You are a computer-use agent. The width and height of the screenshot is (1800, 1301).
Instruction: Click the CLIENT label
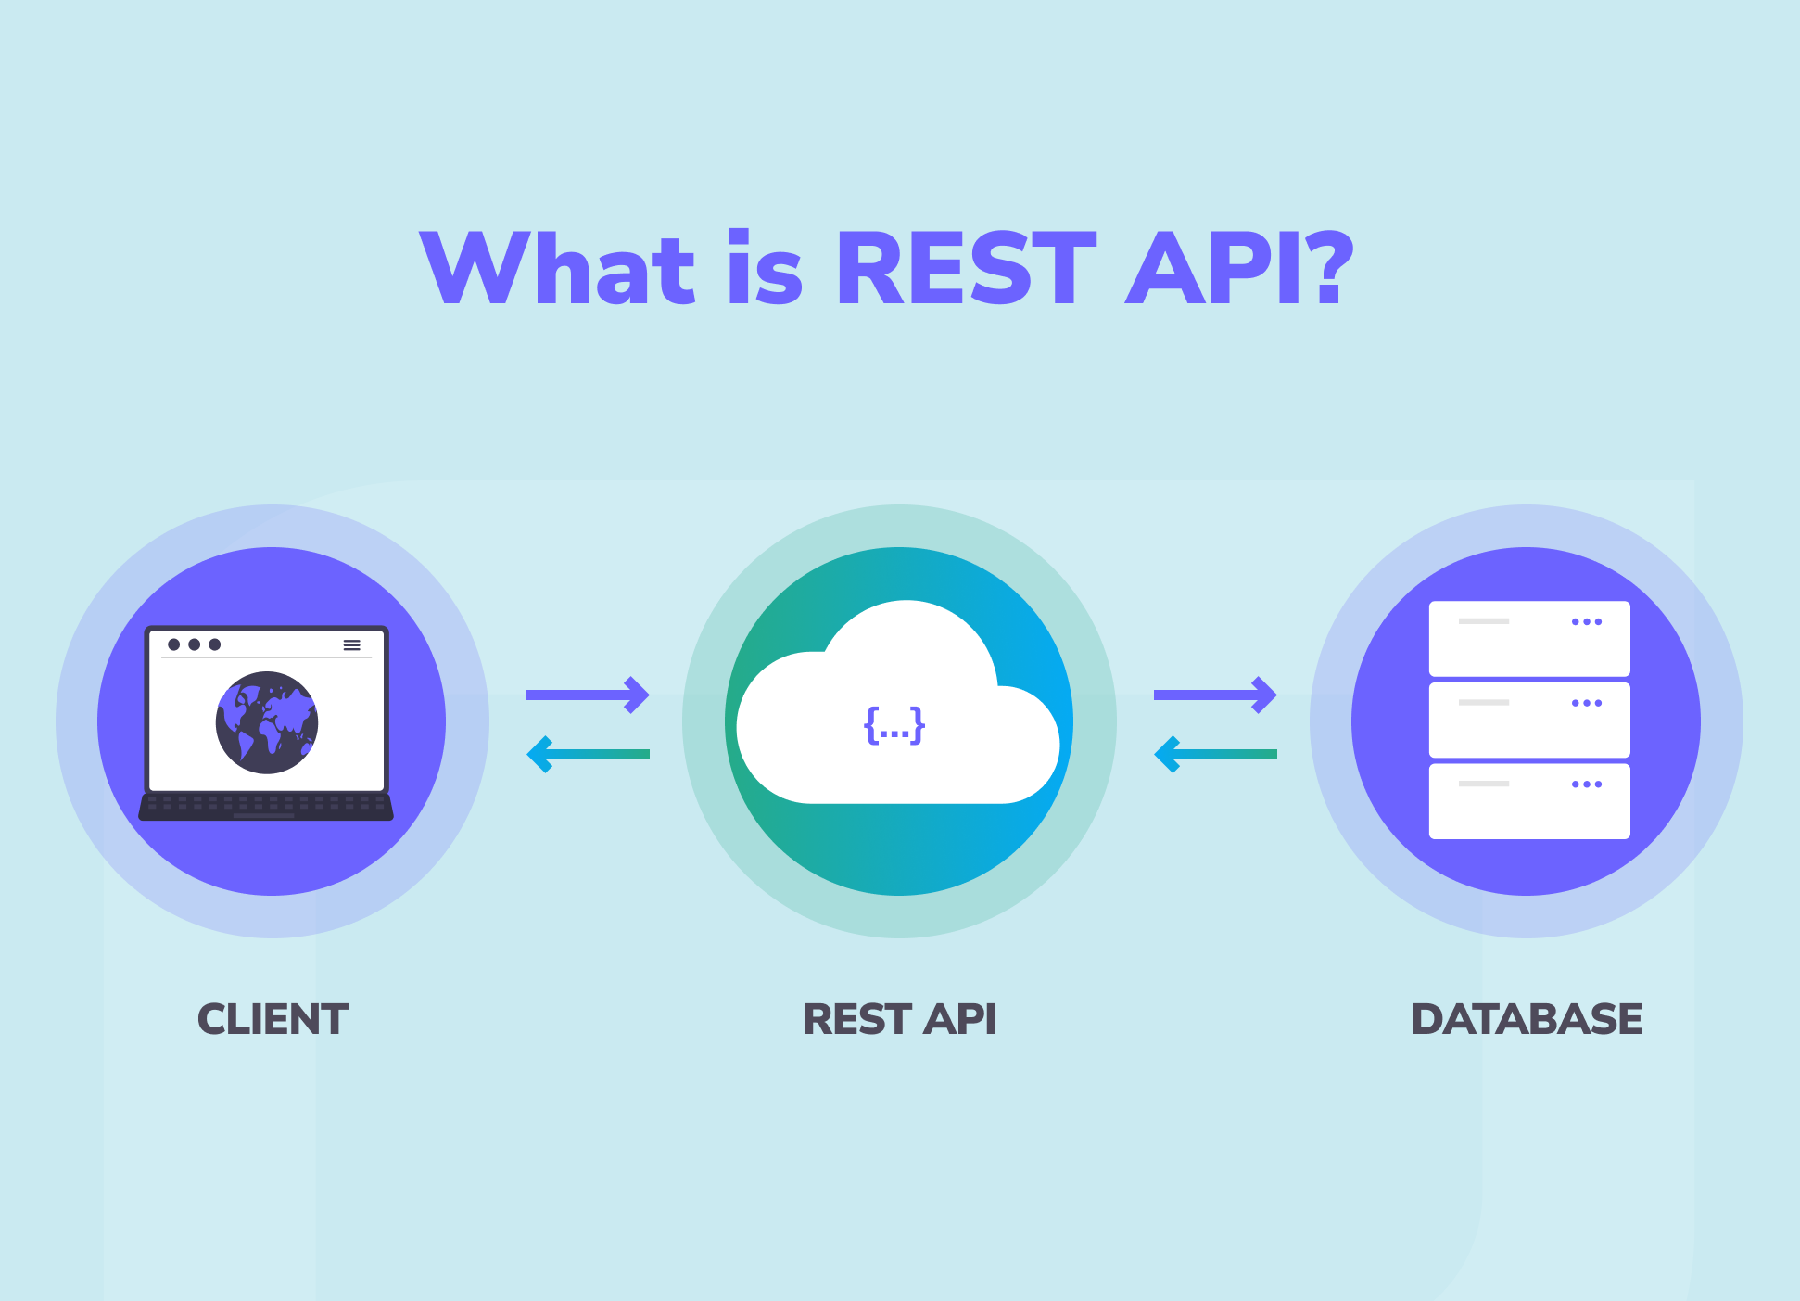tap(273, 1019)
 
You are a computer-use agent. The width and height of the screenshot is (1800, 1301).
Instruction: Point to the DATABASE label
tap(1526, 1019)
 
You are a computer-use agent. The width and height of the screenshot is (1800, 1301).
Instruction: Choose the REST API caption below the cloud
tap(899, 1019)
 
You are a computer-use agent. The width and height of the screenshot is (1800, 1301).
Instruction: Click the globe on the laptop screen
tap(267, 722)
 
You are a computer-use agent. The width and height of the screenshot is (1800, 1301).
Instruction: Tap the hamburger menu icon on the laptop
tap(352, 644)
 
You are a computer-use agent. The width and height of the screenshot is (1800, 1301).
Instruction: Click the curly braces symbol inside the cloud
tap(894, 724)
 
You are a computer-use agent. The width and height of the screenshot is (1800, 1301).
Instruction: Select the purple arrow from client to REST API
tap(588, 695)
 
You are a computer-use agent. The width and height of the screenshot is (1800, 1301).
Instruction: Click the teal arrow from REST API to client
tap(588, 755)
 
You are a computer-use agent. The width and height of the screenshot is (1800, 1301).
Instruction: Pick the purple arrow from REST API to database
tap(1215, 695)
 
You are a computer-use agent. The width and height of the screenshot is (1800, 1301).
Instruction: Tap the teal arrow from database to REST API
tap(1215, 755)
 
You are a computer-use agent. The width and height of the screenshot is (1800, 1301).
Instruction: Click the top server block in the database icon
tap(1529, 639)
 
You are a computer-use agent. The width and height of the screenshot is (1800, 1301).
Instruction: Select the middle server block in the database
tap(1529, 721)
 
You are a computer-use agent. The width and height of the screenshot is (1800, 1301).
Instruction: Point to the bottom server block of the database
tap(1529, 801)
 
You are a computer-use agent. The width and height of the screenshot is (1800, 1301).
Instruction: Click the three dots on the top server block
tap(1587, 622)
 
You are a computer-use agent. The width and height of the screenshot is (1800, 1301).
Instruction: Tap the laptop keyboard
tap(266, 805)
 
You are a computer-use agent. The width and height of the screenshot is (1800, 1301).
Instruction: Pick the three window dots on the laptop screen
tap(195, 644)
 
